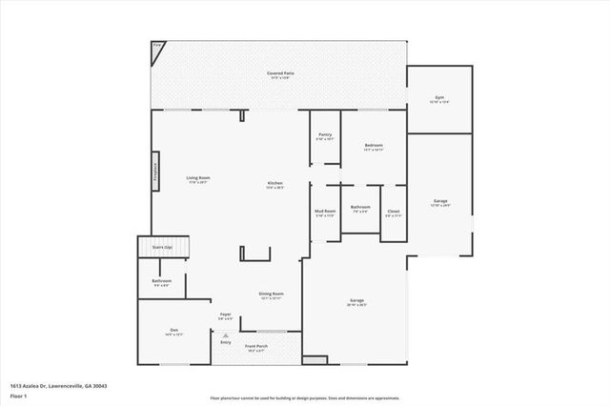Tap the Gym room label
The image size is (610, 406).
coord(439,99)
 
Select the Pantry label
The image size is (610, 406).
coord(325,136)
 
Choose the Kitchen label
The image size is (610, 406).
coord(274,185)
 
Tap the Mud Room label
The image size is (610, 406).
coord(325,213)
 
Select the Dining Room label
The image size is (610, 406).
coord(272,295)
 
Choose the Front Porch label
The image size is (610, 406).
coord(255,347)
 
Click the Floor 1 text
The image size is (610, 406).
coord(19,395)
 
